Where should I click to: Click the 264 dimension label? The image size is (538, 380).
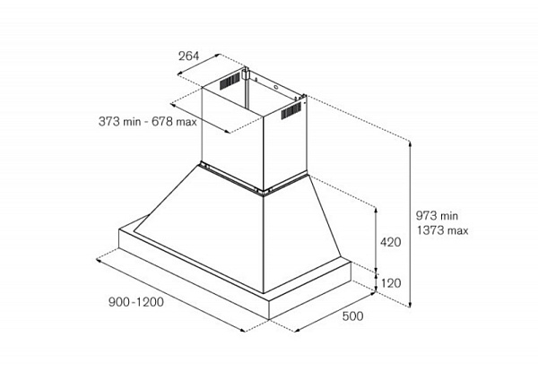(x=188, y=56)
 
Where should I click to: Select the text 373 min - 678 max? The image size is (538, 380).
(x=148, y=121)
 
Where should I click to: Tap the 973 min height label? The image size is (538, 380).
(x=437, y=216)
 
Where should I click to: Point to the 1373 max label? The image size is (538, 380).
(x=443, y=230)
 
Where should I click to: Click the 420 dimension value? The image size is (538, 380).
(x=390, y=242)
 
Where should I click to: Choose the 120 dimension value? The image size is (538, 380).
(x=391, y=283)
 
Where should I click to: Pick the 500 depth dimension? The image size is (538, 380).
(x=352, y=315)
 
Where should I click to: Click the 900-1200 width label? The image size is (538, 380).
(x=136, y=302)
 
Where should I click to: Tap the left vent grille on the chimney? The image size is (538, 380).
(x=230, y=81)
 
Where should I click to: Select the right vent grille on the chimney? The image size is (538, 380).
(x=291, y=110)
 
